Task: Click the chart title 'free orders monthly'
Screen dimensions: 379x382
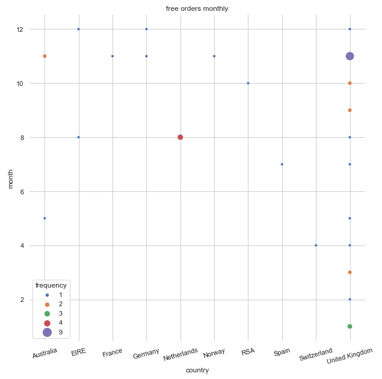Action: click(197, 8)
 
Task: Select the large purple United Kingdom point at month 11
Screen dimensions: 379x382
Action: click(350, 56)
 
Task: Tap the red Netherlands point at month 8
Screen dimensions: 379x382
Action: click(180, 137)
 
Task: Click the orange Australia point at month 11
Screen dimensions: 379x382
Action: click(45, 56)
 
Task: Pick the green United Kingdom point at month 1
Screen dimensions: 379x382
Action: click(350, 326)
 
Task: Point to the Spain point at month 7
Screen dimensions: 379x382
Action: click(282, 164)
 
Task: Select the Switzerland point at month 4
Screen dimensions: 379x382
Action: click(316, 245)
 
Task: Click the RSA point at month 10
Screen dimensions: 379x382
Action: click(248, 83)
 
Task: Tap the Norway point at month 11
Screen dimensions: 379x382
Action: click(214, 56)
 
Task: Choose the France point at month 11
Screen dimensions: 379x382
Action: click(112, 56)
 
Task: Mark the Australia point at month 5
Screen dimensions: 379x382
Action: click(45, 218)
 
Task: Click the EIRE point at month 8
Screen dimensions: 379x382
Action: click(78, 137)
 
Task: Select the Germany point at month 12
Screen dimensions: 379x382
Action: click(146, 29)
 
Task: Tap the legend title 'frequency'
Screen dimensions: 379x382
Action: click(51, 285)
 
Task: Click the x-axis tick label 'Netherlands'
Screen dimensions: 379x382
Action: click(180, 354)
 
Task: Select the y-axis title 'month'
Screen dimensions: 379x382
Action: click(11, 179)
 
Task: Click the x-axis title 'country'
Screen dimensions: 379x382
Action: click(197, 370)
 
